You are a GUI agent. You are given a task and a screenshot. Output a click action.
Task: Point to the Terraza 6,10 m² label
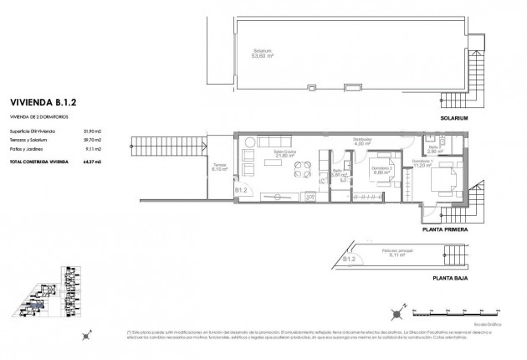pos(219,167)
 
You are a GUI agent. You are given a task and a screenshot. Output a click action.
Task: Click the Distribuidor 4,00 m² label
pos(361,141)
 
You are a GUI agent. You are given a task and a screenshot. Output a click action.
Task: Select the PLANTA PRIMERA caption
pos(445,228)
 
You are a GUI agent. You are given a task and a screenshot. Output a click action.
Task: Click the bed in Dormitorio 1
pos(442,177)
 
